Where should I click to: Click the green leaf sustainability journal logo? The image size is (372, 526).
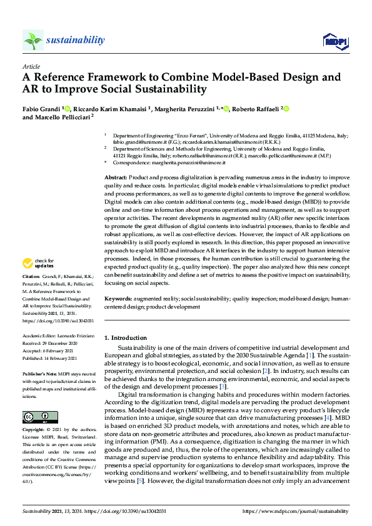click(33, 40)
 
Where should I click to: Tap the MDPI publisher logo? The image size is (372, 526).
click(334, 41)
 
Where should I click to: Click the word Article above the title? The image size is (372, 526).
click(31, 66)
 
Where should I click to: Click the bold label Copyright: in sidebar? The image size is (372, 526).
click(34, 431)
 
